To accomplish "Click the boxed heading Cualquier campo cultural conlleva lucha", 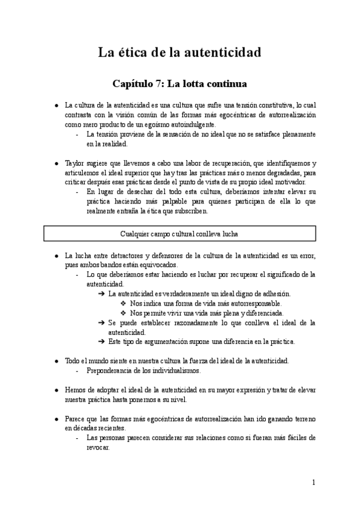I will (x=180, y=232).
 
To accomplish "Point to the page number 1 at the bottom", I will (x=313, y=482).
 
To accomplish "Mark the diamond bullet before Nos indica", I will (x=123, y=304).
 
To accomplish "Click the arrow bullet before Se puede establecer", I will (x=101, y=323).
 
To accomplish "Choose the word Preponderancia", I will (x=114, y=370).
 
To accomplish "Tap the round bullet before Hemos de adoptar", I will (x=56, y=390).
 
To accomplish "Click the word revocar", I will (x=98, y=447).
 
